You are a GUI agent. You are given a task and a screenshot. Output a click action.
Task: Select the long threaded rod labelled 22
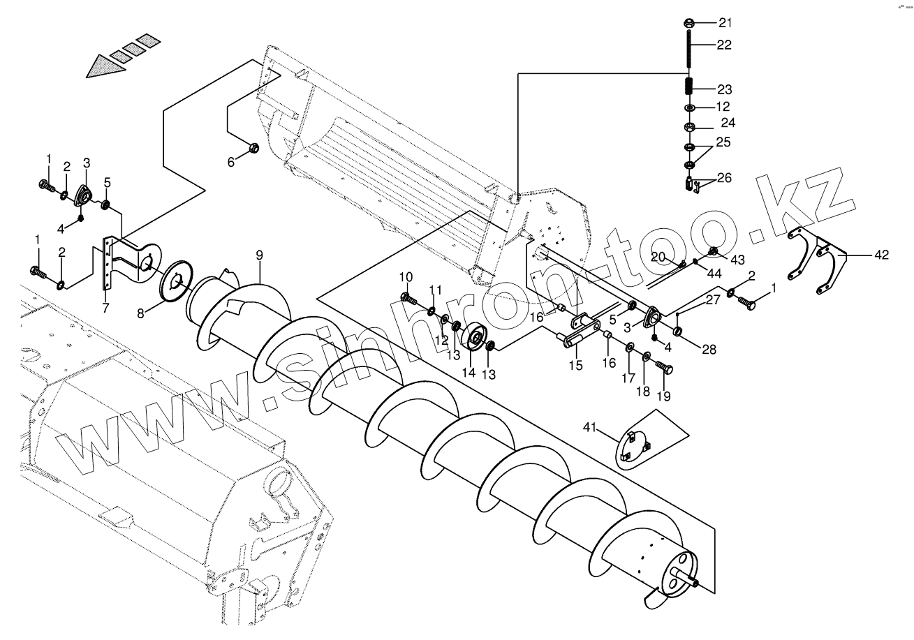click(688, 49)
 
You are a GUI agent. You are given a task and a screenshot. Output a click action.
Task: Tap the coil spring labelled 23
click(688, 88)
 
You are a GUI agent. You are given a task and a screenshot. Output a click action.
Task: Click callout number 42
click(881, 255)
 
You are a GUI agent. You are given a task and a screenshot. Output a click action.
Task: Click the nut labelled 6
click(254, 148)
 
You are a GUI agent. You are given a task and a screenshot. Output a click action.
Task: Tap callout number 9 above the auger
click(259, 255)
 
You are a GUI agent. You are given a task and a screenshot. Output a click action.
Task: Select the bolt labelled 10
click(408, 299)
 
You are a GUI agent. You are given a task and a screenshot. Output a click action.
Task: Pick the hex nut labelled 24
click(688, 128)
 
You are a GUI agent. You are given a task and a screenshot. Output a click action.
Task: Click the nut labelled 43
click(713, 252)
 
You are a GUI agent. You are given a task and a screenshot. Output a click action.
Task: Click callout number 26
click(725, 178)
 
